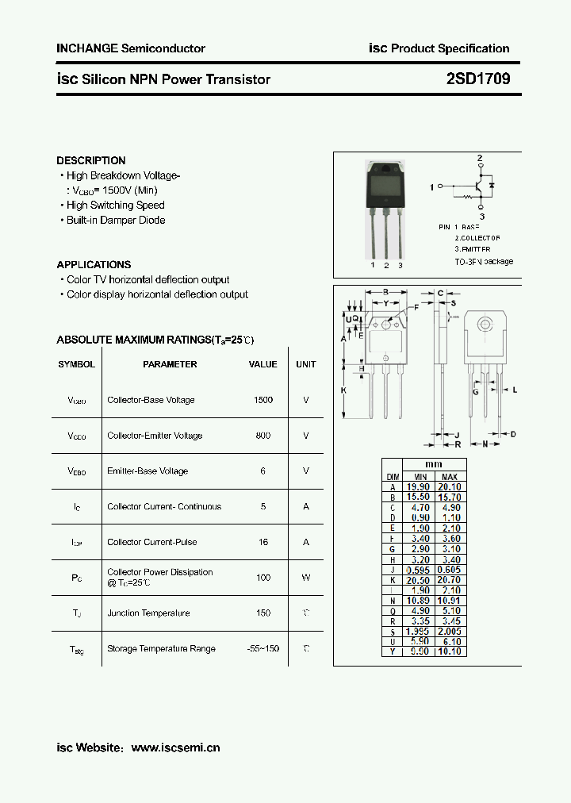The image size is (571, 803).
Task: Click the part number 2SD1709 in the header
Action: tap(478, 79)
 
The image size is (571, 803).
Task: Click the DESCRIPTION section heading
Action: tap(91, 160)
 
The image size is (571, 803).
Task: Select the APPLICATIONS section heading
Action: tap(94, 264)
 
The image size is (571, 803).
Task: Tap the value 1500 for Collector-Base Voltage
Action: tap(263, 400)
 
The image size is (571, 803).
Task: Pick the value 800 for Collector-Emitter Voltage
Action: tap(263, 436)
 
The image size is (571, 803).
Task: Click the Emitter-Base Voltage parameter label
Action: tap(148, 471)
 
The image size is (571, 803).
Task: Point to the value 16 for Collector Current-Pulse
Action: tap(263, 542)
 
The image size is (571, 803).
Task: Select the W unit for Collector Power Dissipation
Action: tap(305, 578)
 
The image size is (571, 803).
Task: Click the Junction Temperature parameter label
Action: tap(148, 613)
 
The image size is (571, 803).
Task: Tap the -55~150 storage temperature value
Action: tap(263, 648)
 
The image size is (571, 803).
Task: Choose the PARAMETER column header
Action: tap(170, 364)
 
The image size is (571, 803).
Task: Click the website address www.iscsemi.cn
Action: tap(175, 747)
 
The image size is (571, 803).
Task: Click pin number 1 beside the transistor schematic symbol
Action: tap(431, 187)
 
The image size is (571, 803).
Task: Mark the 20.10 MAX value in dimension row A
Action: tap(450, 487)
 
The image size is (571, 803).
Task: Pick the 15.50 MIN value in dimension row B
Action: tap(418, 498)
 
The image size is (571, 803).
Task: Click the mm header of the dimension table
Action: tap(434, 464)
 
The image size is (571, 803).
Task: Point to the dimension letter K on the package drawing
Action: tap(344, 390)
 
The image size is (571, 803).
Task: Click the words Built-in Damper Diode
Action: tap(116, 220)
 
